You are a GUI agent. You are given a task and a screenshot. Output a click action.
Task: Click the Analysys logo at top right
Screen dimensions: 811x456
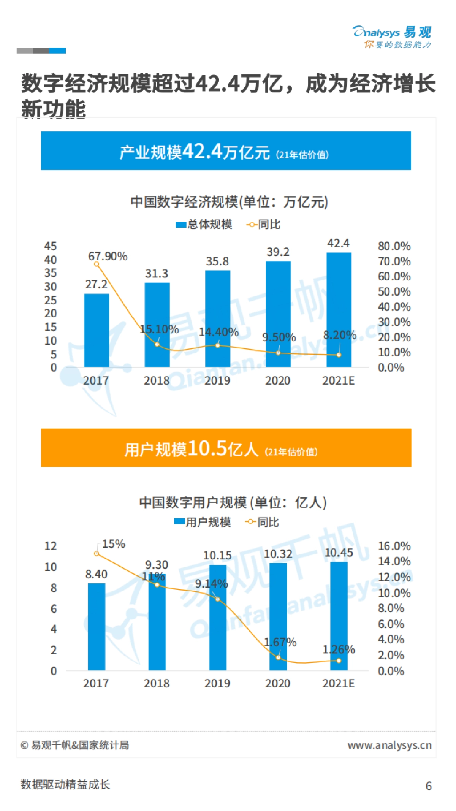pyautogui.click(x=392, y=36)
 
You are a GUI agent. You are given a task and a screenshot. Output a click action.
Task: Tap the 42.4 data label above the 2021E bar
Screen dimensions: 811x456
pyautogui.click(x=338, y=243)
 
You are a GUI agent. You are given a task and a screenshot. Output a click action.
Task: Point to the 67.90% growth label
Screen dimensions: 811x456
pyautogui.click(x=108, y=257)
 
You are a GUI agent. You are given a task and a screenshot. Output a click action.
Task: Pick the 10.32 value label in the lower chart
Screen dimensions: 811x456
pyautogui.click(x=278, y=554)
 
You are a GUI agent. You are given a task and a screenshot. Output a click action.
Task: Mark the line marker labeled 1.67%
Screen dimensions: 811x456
pyautogui.click(x=278, y=657)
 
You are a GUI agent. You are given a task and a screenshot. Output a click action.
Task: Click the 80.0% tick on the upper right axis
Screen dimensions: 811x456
pyautogui.click(x=394, y=246)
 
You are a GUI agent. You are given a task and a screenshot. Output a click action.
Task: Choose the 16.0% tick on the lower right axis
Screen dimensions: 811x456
pyautogui.click(x=394, y=546)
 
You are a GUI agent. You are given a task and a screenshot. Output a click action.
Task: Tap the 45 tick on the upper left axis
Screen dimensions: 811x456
pyautogui.click(x=50, y=246)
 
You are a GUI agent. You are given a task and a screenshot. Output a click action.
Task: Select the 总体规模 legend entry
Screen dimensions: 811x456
pyautogui.click(x=204, y=225)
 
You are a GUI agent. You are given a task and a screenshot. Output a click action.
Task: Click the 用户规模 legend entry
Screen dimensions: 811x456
pyautogui.click(x=203, y=522)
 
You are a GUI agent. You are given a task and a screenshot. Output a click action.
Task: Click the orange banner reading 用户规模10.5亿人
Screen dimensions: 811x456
pyautogui.click(x=226, y=448)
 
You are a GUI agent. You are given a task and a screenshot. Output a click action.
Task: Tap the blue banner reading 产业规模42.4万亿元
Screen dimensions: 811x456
pyautogui.click(x=226, y=151)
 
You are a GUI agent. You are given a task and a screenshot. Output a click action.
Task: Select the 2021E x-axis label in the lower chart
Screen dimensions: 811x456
pyautogui.click(x=338, y=683)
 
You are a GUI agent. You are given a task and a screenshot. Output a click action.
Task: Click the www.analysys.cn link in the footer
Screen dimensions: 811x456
pyautogui.click(x=389, y=746)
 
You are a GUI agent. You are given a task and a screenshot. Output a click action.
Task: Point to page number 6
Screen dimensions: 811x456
pyautogui.click(x=429, y=786)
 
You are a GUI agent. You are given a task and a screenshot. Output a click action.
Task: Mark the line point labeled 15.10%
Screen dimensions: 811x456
pyautogui.click(x=157, y=344)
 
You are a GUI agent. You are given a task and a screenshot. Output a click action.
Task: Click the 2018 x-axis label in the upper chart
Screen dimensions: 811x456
pyautogui.click(x=157, y=380)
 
